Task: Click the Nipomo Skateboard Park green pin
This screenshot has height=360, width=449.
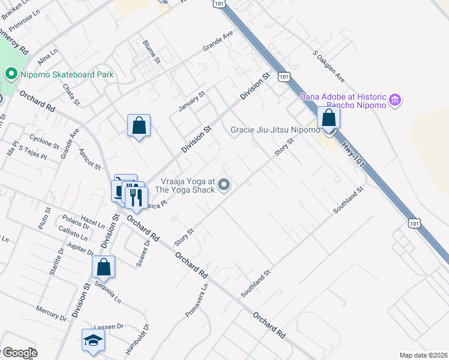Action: click(10, 75)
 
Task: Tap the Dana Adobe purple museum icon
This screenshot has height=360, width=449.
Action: click(395, 100)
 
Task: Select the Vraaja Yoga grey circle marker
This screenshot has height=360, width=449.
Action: click(224, 185)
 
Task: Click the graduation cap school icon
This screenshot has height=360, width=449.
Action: click(93, 340)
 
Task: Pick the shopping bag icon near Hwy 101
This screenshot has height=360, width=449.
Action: click(328, 118)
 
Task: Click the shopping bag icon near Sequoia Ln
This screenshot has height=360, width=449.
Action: click(103, 267)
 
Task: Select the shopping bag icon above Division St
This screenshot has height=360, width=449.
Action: click(139, 125)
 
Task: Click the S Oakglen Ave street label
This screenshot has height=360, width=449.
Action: click(329, 66)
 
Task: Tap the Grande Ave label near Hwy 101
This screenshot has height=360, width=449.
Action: click(217, 43)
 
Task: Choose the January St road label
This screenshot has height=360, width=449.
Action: click(192, 102)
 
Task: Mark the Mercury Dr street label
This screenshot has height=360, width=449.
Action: click(49, 313)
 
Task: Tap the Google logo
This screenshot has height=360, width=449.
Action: click(20, 353)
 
